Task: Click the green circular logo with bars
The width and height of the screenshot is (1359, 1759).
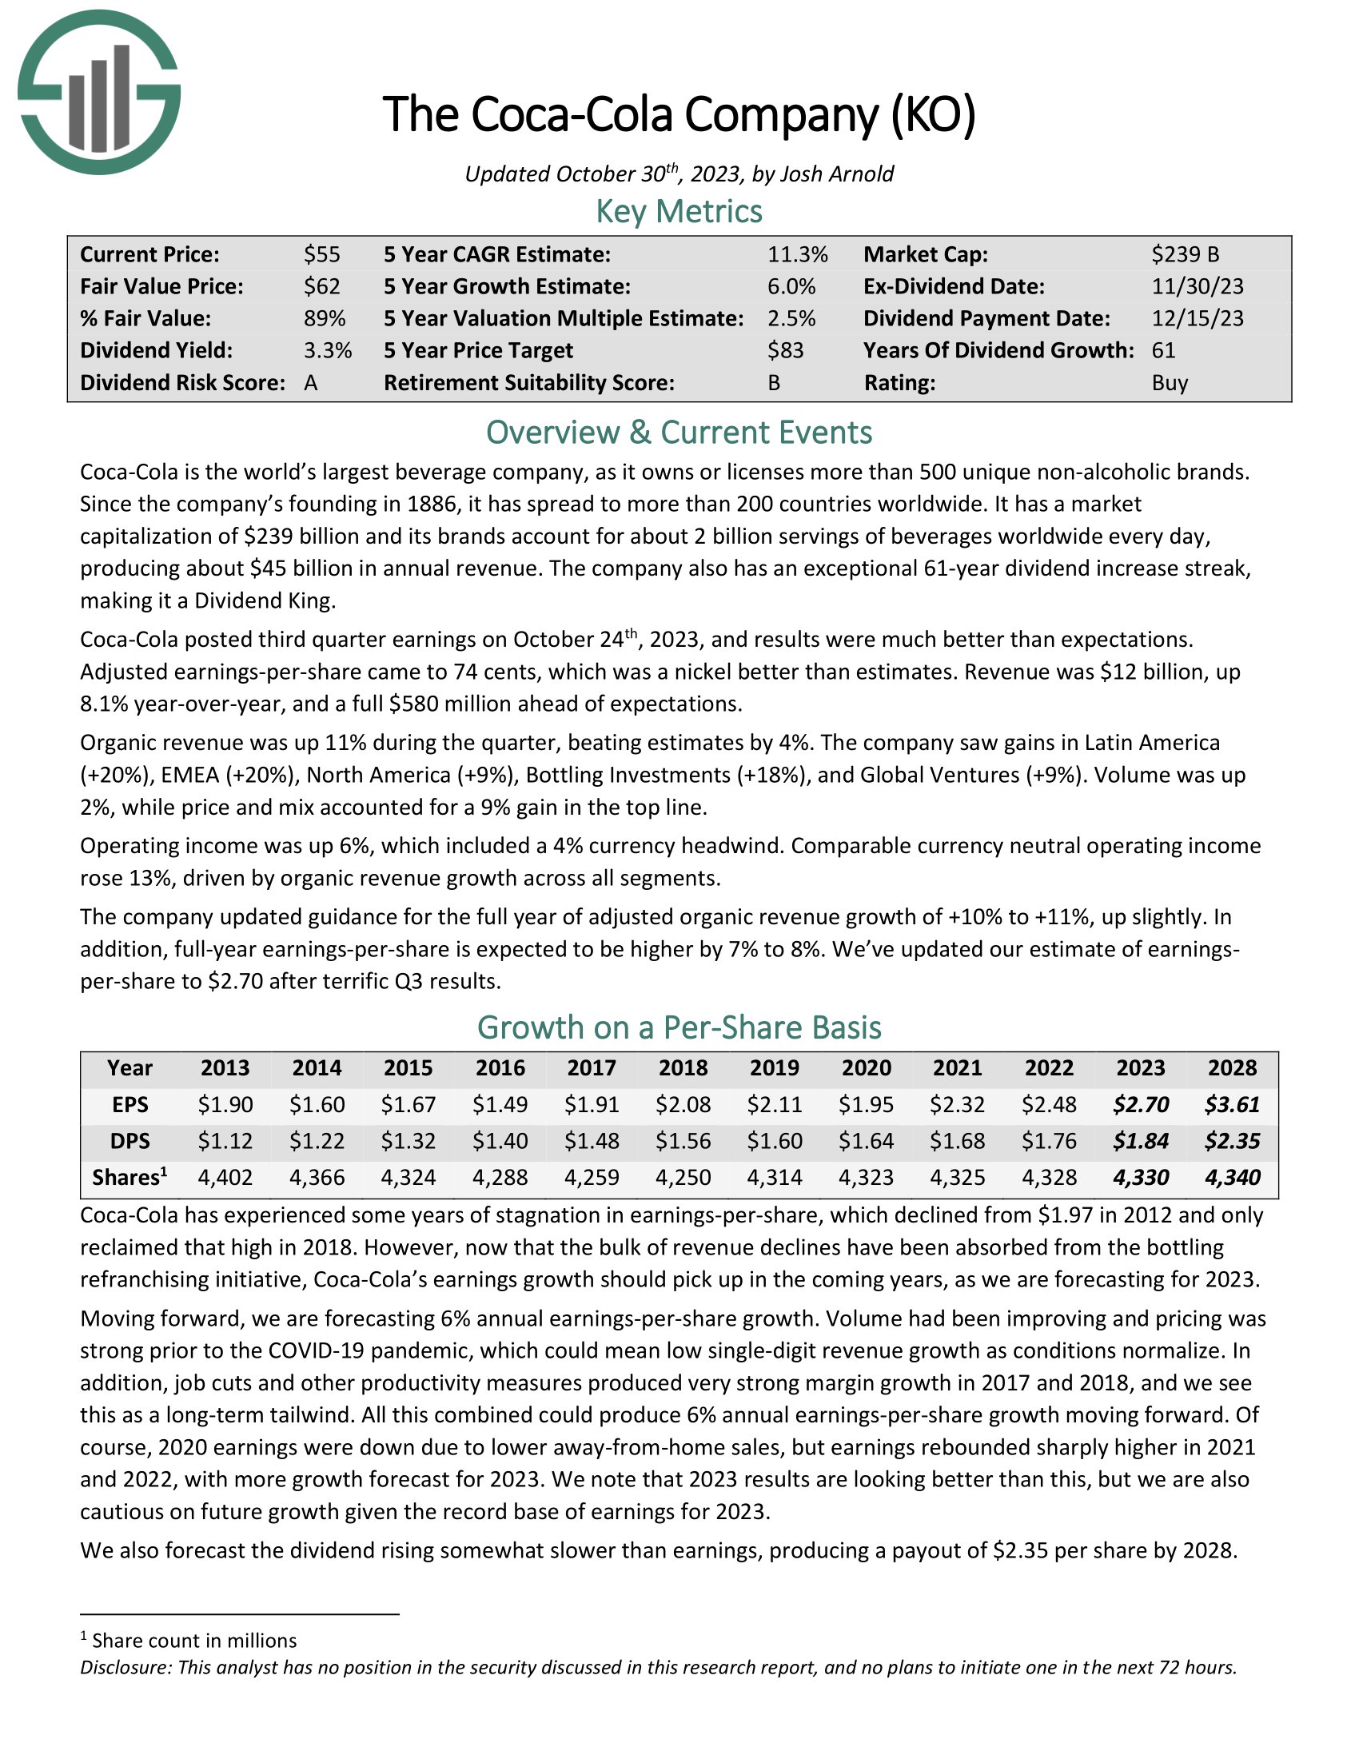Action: point(99,93)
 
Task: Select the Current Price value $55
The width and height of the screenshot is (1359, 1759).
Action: point(322,254)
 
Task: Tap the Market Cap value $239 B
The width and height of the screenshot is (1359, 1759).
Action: point(1185,254)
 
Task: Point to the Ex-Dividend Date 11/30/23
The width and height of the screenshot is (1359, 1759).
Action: point(1198,287)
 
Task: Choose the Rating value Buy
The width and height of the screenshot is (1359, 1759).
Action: point(1170,382)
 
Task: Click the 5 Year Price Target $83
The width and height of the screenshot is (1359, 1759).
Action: point(786,350)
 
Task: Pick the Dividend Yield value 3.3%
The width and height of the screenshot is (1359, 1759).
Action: point(328,350)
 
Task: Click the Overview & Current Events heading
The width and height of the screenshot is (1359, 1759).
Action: point(679,433)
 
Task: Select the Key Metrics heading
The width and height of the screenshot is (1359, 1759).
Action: point(679,212)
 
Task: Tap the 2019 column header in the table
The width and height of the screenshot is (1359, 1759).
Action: point(775,1068)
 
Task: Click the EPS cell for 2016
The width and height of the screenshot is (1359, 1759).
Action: point(500,1104)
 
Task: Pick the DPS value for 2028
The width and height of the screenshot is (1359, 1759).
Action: point(1232,1141)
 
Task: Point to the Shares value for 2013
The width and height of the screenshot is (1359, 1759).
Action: point(225,1178)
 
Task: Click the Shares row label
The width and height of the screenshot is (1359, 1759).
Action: point(130,1178)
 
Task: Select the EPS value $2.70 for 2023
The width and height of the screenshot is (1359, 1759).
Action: point(1140,1104)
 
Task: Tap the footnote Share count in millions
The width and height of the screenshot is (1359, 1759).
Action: point(194,1641)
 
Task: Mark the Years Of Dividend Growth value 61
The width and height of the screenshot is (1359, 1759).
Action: point(1163,350)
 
